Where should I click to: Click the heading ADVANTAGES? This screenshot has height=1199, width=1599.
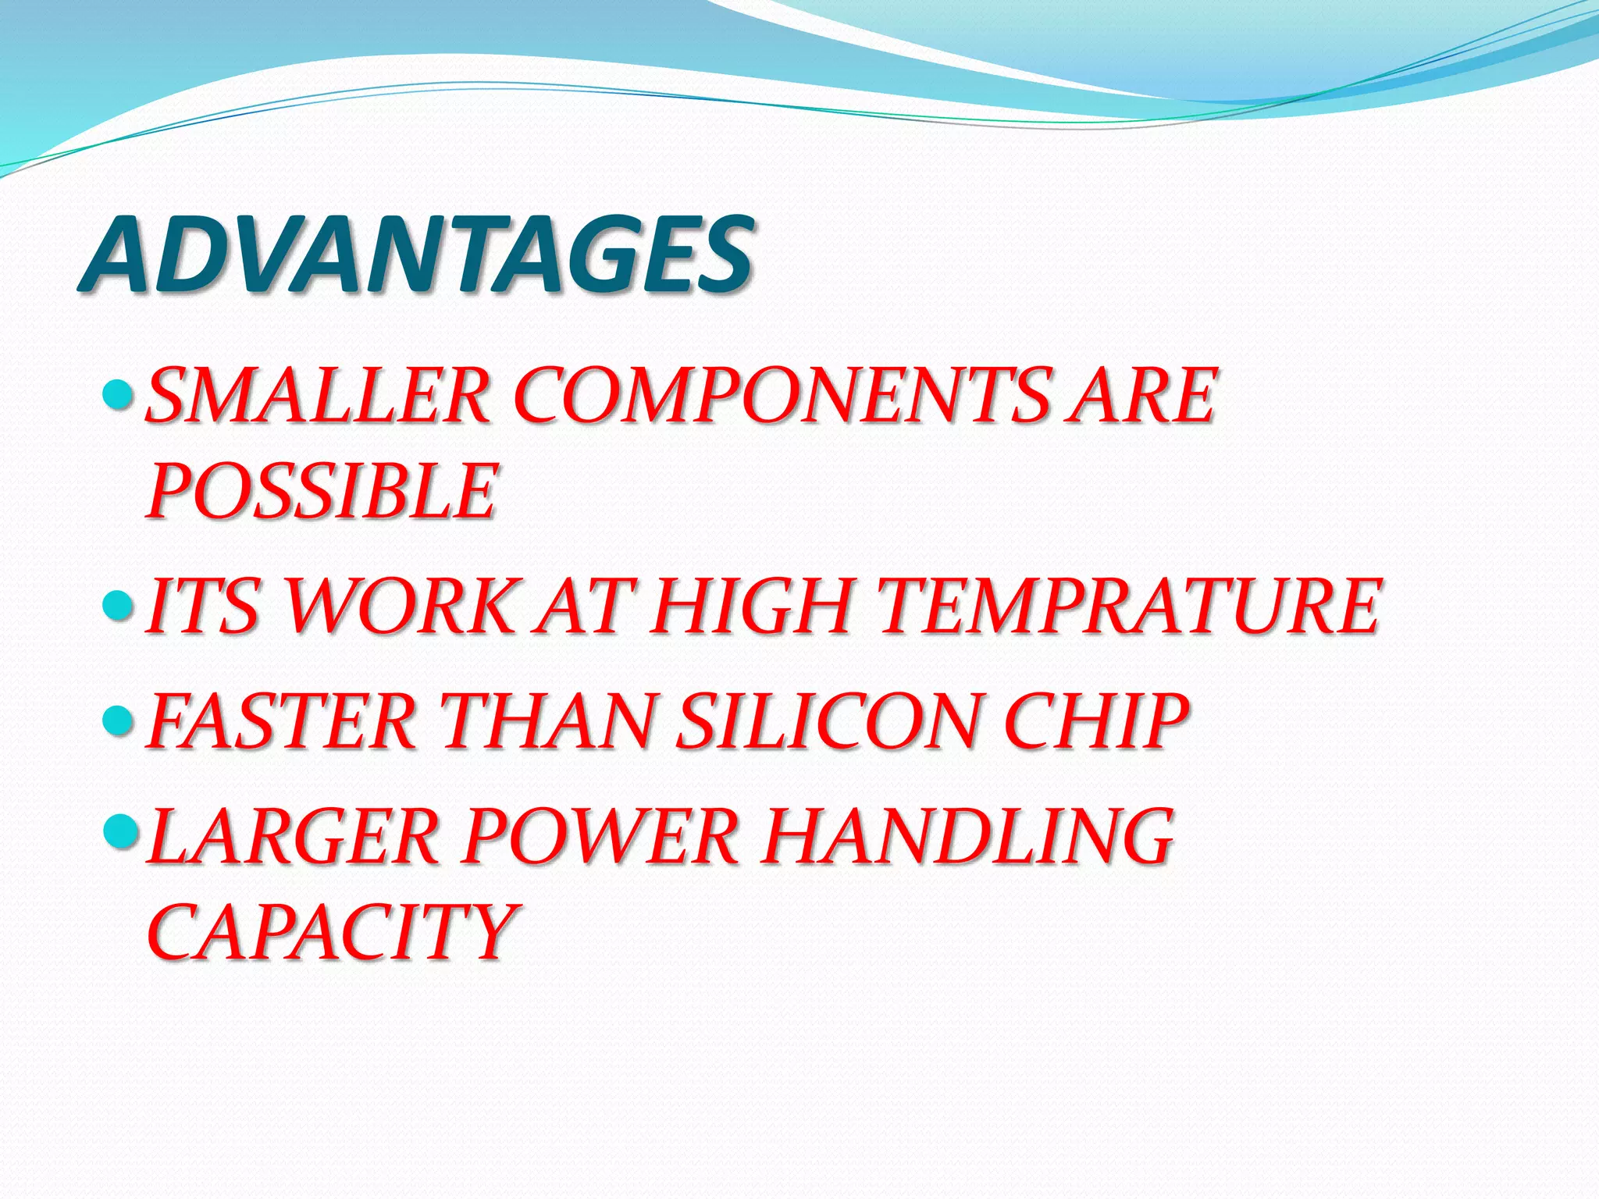(418, 254)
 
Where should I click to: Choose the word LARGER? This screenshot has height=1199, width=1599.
(293, 837)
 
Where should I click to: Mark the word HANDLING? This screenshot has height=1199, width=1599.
(968, 837)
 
